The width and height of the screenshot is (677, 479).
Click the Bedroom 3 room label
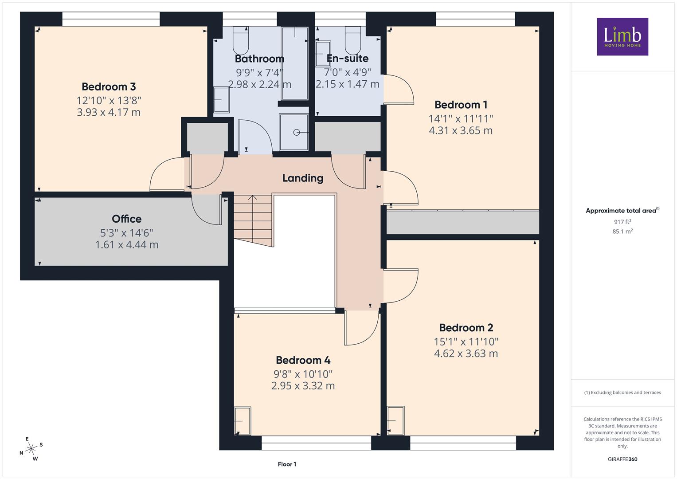coord(109,87)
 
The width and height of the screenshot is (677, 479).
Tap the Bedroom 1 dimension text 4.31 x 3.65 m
coord(461,131)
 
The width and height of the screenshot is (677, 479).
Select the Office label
coord(127,219)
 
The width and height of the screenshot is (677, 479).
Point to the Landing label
coord(303,178)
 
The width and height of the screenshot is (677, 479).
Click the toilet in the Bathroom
coord(241,40)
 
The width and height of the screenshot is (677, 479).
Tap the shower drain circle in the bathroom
coord(297,133)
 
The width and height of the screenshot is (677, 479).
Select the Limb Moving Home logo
coord(622,36)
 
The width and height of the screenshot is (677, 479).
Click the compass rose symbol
coord(31,449)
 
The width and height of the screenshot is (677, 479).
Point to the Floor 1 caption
coord(287,464)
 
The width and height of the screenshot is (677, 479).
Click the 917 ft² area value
coord(622,222)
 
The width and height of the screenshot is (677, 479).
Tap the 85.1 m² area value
coord(622,232)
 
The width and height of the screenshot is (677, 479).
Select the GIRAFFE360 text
coord(622,459)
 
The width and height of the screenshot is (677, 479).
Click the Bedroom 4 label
coord(303,360)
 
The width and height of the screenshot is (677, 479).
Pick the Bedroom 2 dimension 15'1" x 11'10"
coord(466,342)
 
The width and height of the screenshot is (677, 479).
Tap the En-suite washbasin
coord(323,54)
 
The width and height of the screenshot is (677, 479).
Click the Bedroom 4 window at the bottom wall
coord(316,443)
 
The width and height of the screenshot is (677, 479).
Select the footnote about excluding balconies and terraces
coord(622,393)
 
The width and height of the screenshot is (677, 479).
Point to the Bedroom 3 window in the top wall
coord(111,19)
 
